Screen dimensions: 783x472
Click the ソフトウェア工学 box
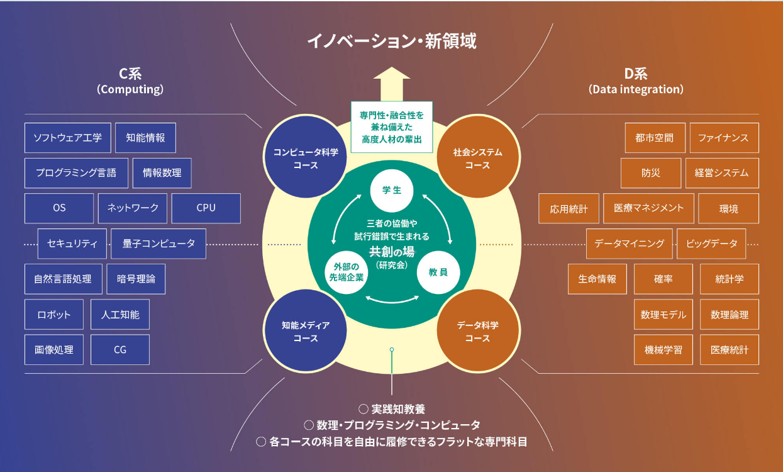(x=68, y=137)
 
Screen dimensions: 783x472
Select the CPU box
(x=206, y=208)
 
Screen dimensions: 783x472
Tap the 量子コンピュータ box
(x=158, y=244)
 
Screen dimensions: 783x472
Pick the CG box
(x=120, y=349)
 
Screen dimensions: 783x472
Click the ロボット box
(x=54, y=314)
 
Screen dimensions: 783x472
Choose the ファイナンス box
(x=725, y=137)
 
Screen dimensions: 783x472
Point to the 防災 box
(x=651, y=173)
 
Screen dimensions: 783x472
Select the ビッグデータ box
(x=711, y=244)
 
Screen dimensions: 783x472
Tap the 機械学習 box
(x=664, y=349)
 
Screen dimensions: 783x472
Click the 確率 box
(x=664, y=279)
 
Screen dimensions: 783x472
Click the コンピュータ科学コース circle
(x=306, y=157)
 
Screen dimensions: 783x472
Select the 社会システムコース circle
(x=478, y=157)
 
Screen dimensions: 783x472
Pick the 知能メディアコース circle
(x=306, y=330)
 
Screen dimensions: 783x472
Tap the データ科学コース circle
(x=478, y=330)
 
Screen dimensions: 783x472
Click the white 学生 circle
(x=391, y=191)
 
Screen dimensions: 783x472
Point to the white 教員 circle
(x=438, y=273)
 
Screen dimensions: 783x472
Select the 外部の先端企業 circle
(x=346, y=273)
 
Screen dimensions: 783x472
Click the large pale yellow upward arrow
(x=391, y=84)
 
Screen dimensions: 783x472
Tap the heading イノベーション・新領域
(x=392, y=40)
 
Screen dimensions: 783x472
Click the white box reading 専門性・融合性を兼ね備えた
(x=391, y=127)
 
